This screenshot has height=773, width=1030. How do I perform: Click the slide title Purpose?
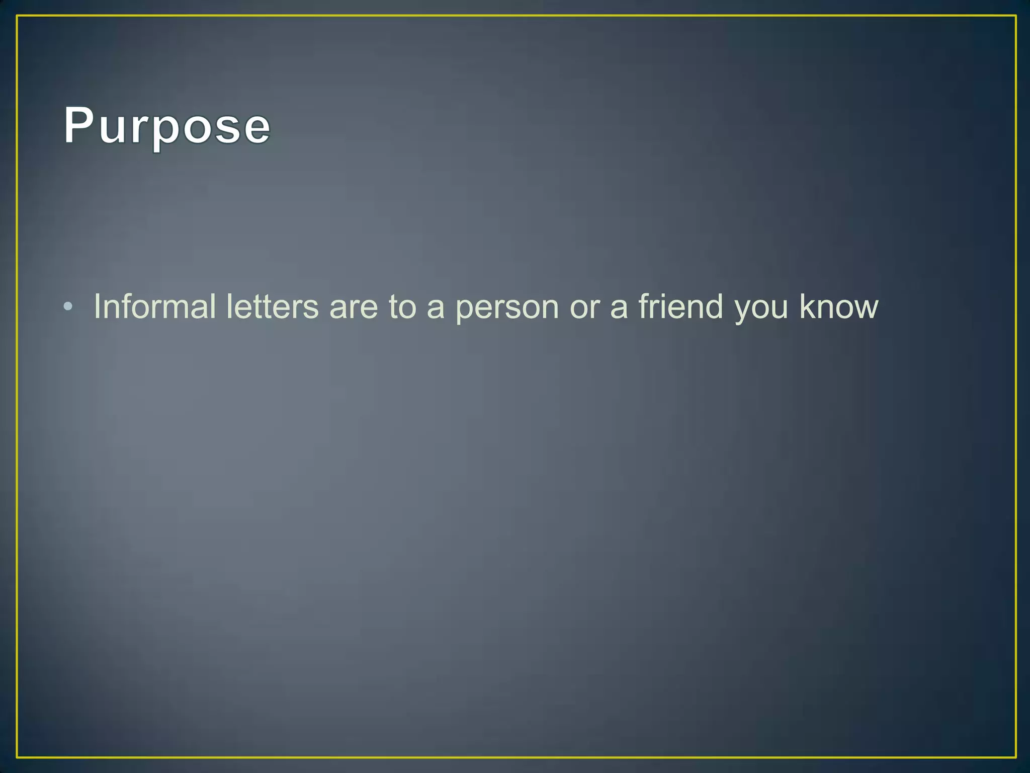pos(167,126)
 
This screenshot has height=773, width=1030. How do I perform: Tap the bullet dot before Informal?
pos(68,306)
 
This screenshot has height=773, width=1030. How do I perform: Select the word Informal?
pos(154,306)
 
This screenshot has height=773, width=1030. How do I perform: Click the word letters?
pos(272,306)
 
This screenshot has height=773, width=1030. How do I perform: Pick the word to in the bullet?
pos(402,307)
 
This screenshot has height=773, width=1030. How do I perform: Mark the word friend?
pos(680,306)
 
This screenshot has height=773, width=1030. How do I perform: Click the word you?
pos(761,310)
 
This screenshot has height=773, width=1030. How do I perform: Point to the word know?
pos(838,306)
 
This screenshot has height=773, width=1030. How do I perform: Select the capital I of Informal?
pos(97,306)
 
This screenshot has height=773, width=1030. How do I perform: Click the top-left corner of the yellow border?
pos(17,16)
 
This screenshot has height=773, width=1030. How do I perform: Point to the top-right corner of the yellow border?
pos(1015,16)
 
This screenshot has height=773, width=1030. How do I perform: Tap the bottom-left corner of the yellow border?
pos(17,756)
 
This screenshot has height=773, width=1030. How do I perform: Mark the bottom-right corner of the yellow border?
pos(1015,756)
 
